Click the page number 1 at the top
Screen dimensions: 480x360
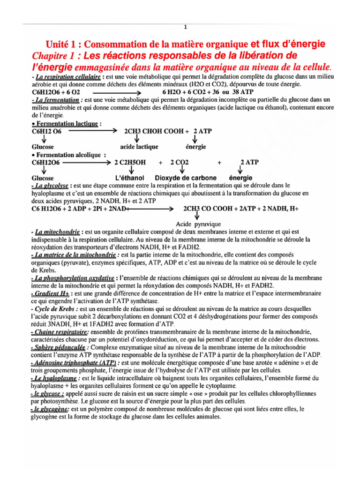pos(186,27)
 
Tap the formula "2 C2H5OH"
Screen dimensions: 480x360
pos(130,162)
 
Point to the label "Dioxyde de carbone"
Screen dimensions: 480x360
pos(186,178)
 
